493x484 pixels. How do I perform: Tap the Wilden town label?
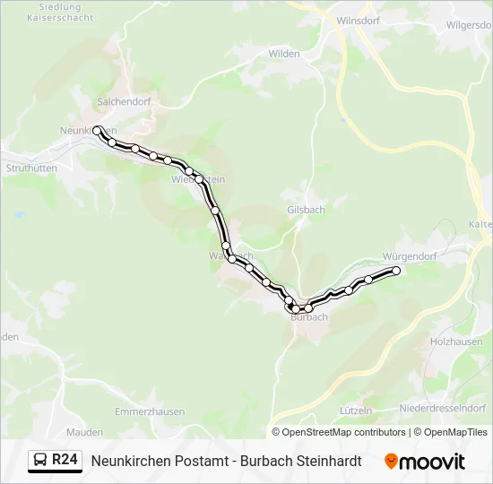pos(284,54)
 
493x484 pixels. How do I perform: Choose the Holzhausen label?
pos(456,341)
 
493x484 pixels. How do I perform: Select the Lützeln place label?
pos(356,410)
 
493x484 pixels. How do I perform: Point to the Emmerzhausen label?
pos(150,411)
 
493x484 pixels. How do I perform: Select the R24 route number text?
pos(65,461)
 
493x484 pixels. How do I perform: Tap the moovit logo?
pos(425,462)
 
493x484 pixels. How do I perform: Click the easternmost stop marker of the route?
pos(395,270)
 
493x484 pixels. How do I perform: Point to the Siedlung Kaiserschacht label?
pos(60,13)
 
